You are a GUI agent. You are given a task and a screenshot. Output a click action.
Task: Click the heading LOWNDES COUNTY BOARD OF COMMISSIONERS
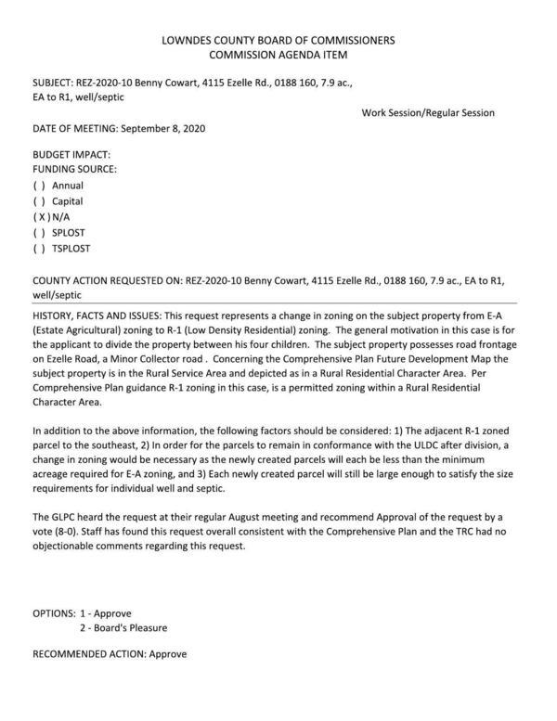278,41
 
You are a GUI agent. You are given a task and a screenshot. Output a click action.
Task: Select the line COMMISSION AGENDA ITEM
278,56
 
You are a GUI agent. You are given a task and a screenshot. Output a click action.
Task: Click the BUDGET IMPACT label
71,154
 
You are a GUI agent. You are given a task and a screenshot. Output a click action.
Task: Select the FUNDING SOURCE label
75,170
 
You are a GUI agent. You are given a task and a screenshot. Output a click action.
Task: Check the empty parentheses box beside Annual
39,186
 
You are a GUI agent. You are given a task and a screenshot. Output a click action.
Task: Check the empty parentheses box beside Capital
39,201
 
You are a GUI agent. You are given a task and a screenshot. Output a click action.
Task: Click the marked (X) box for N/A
40,217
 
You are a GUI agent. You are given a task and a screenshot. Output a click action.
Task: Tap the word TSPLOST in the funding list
71,249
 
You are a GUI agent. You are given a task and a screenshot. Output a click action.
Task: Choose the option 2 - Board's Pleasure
123,628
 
